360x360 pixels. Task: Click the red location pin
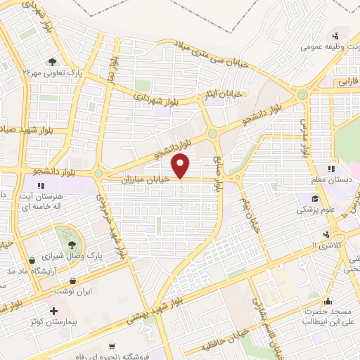[x=182, y=165]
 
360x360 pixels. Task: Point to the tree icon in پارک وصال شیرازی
[x=72, y=244]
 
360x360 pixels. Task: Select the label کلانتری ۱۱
[x=324, y=243]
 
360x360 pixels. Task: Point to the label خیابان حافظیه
[x=217, y=347]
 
